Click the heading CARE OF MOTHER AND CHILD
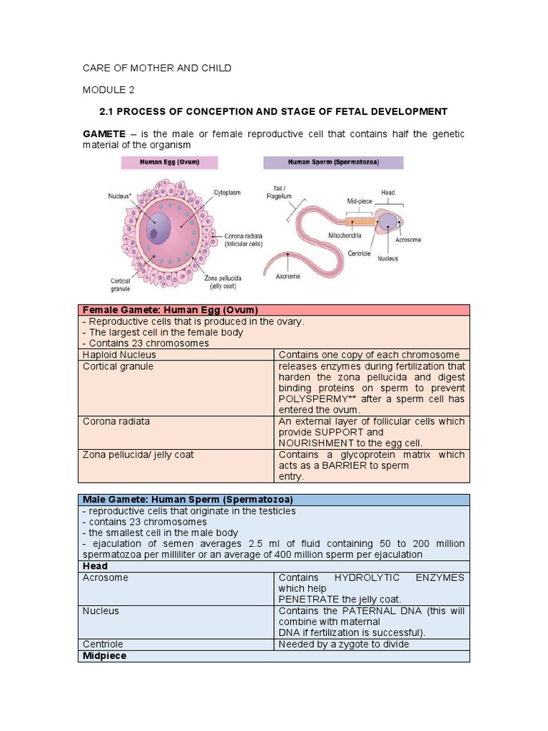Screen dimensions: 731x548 point(157,68)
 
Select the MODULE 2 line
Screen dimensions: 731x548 point(108,90)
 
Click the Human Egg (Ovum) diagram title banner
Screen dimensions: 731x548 point(169,162)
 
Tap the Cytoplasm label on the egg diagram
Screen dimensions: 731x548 point(228,193)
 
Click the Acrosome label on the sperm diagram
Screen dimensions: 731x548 point(408,240)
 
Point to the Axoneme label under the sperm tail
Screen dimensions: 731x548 point(288,276)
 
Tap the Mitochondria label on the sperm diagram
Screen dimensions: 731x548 point(345,235)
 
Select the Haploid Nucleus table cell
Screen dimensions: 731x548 point(119,355)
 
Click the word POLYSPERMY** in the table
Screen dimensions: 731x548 point(313,399)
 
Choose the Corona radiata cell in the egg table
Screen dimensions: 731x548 point(116,421)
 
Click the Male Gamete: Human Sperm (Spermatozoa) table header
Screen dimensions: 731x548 point(188,500)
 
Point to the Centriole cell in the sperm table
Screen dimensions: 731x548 point(104,644)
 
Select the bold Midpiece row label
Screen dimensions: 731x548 point(104,655)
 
